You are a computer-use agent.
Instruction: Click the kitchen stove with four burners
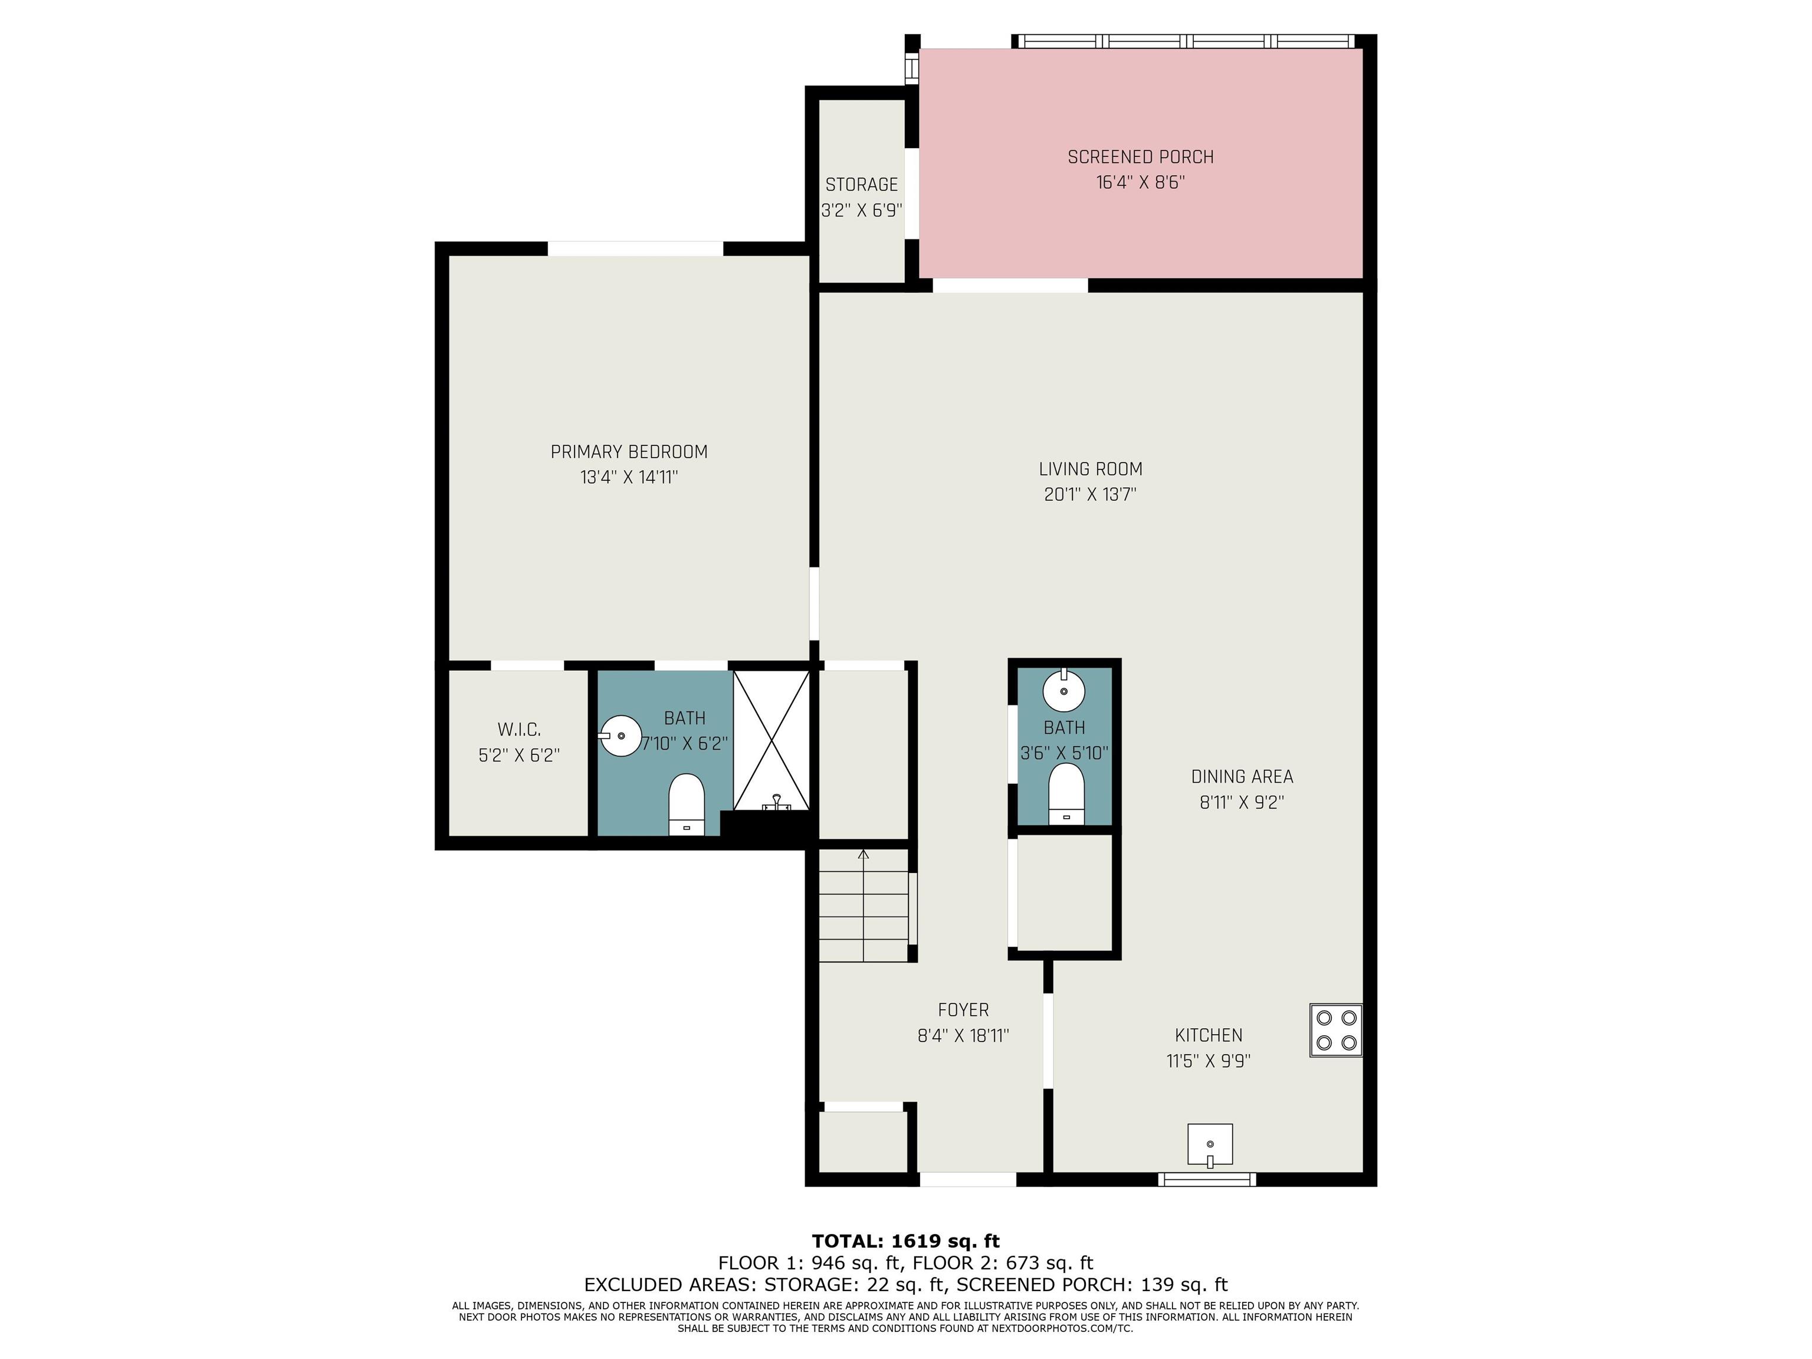[x=1335, y=1030]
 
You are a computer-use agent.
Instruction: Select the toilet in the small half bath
[x=1066, y=794]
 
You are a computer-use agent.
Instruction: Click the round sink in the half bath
[x=1063, y=691]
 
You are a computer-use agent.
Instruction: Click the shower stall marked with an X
[x=771, y=740]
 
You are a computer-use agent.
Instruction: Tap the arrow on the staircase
[x=864, y=905]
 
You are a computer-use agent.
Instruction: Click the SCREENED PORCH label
[x=1140, y=156]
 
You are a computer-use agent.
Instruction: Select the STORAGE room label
[x=862, y=184]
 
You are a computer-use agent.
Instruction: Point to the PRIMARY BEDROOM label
[x=629, y=451]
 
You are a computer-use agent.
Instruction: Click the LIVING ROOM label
[x=1090, y=468]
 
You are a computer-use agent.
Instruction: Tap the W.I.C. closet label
[x=519, y=729]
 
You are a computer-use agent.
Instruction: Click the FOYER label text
[x=963, y=1009]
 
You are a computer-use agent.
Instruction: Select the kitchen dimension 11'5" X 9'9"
[x=1208, y=1061]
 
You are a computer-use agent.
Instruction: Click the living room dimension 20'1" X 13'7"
[x=1090, y=494]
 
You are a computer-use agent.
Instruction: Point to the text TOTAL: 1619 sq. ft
[x=906, y=1241]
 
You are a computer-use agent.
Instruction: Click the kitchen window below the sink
[x=1207, y=1180]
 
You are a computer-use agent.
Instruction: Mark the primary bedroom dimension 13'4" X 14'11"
[x=629, y=477]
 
